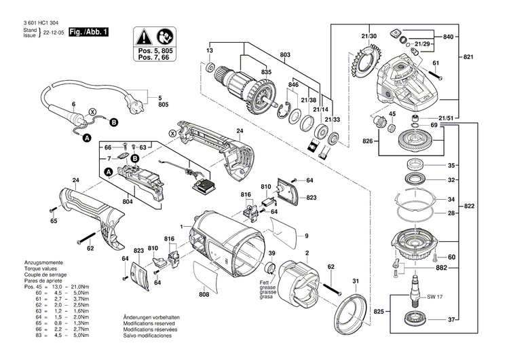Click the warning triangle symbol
[147, 35]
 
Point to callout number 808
[204, 295]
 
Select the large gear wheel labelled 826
[414, 143]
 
